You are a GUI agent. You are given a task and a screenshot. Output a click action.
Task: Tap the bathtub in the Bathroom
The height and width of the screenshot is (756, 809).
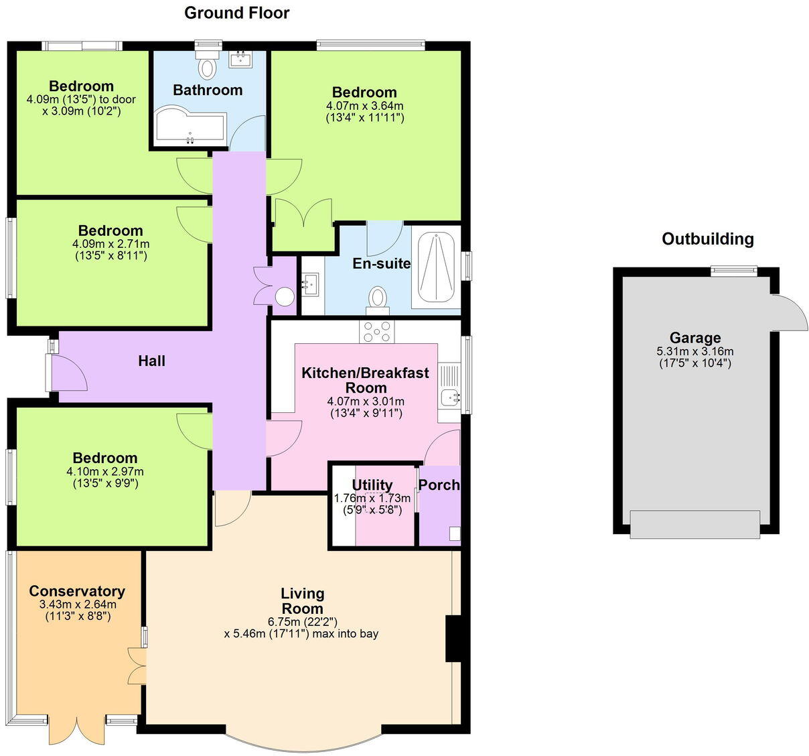[x=190, y=127]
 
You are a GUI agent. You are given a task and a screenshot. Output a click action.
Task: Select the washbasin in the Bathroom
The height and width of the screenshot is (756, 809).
[x=240, y=60]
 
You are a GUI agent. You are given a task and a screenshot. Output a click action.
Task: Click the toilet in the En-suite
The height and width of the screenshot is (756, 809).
[x=378, y=299]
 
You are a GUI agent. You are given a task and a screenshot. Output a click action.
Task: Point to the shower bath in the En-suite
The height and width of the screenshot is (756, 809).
[x=436, y=268]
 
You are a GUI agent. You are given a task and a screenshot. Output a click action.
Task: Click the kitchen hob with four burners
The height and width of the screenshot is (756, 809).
[x=377, y=331]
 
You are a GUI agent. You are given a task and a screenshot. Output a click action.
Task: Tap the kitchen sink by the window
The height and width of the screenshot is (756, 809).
[x=449, y=397]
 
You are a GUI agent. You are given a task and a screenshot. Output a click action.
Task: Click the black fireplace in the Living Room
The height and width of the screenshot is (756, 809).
[x=453, y=638]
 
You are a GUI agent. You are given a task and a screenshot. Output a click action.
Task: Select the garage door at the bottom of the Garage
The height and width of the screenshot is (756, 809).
[x=694, y=524]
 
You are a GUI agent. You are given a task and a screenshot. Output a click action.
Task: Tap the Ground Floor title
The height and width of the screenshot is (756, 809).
[x=236, y=13]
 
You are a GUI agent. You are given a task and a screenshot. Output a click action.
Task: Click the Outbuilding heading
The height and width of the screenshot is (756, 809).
[x=707, y=239]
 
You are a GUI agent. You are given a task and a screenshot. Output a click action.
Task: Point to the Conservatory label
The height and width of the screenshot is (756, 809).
[x=77, y=591]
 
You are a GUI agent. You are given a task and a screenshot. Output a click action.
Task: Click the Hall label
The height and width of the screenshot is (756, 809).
[x=151, y=361]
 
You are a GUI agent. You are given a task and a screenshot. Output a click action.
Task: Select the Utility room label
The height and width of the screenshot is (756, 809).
[x=372, y=485]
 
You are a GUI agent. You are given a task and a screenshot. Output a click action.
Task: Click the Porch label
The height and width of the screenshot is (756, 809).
[x=439, y=485]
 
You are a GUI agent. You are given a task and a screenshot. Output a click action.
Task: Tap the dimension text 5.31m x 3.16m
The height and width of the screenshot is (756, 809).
[x=694, y=352]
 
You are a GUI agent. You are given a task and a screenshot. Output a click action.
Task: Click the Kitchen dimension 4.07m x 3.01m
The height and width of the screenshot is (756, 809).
[x=365, y=401]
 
